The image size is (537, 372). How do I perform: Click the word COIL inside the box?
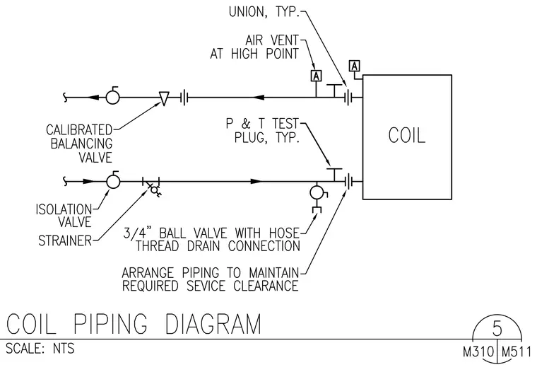click(407, 135)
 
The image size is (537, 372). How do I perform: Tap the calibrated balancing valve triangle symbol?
click(164, 99)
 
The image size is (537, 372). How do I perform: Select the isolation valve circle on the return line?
click(112, 96)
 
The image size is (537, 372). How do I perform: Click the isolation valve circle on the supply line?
click(113, 180)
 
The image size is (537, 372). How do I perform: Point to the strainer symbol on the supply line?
click(153, 187)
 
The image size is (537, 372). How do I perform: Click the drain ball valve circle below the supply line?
click(317, 192)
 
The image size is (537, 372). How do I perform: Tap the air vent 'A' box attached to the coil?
click(355, 66)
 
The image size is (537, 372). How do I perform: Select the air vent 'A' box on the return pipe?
click(316, 76)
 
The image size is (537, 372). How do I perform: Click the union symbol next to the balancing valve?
click(184, 98)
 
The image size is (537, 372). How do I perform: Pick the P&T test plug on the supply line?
click(334, 175)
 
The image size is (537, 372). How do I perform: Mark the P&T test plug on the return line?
click(334, 91)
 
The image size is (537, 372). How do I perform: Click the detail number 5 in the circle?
click(497, 328)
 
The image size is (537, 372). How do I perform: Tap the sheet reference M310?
click(478, 352)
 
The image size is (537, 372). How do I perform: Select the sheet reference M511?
click(517, 352)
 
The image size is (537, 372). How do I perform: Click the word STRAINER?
click(65, 240)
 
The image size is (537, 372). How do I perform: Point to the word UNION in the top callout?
click(247, 12)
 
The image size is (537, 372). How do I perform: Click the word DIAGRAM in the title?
click(213, 324)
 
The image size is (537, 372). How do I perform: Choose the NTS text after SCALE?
click(64, 349)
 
